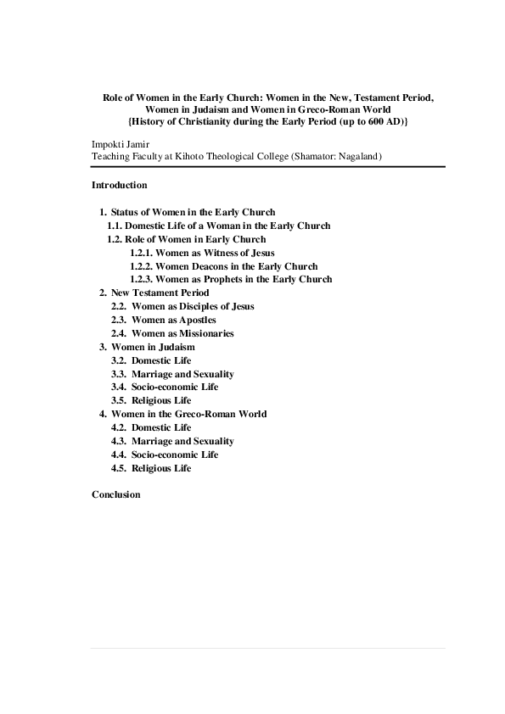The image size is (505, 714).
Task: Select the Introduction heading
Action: tap(119, 185)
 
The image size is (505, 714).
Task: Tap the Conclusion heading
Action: tap(115, 494)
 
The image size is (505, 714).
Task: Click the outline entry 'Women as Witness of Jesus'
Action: tap(215, 253)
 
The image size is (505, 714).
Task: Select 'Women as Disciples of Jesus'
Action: tap(193, 306)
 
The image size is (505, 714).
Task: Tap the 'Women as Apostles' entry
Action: tap(173, 320)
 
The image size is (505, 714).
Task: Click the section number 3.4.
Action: tap(119, 387)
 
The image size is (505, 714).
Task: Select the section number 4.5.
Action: tap(119, 468)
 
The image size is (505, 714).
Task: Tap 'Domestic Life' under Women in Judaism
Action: tap(161, 360)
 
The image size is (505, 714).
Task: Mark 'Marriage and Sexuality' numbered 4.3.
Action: tap(182, 441)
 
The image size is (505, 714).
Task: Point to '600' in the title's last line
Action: tap(379, 122)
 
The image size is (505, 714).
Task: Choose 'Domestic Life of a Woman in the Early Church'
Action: tap(227, 226)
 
